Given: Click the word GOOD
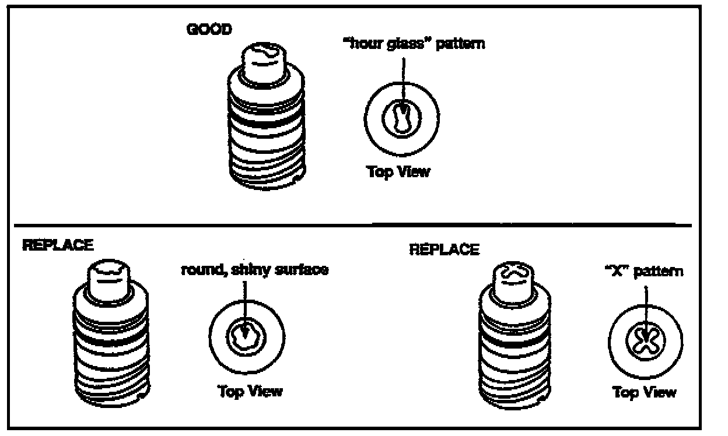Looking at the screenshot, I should [208, 30].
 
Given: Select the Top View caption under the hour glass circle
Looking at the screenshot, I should [398, 172].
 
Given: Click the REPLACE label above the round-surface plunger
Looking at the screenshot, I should [57, 245].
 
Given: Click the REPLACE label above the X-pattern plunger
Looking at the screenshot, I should [444, 250].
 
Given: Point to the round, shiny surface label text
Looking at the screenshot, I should [254, 270].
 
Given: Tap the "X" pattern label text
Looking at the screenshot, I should [644, 272].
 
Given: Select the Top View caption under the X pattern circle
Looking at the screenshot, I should [644, 392].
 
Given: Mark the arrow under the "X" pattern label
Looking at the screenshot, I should [645, 306].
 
